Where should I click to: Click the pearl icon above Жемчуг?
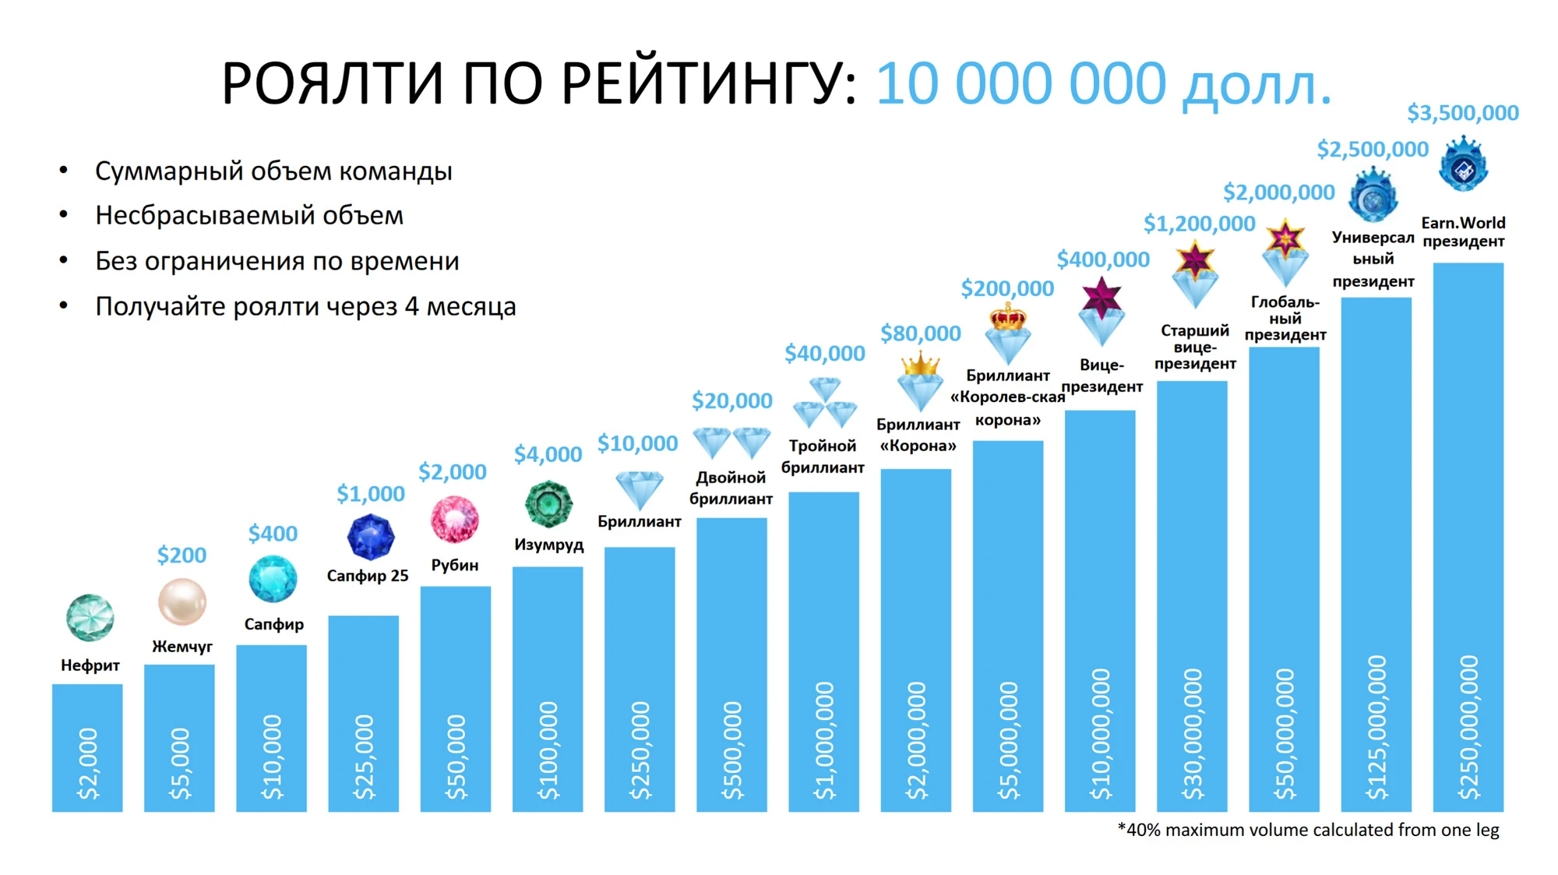(182, 602)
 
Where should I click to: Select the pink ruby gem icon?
(455, 520)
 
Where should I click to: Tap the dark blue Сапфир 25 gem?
(370, 537)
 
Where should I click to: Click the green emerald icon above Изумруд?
(548, 504)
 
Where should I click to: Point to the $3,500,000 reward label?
(1463, 114)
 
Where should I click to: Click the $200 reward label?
(182, 556)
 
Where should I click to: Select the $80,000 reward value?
(920, 333)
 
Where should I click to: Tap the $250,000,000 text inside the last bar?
(1468, 728)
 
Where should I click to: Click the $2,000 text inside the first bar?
(88, 764)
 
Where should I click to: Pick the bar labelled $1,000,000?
(823, 651)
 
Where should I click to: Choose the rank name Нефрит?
(90, 665)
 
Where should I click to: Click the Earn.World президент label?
(1463, 232)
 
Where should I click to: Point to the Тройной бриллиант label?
(823, 457)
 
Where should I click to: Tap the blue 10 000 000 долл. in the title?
(1104, 83)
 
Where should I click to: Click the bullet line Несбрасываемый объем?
(249, 215)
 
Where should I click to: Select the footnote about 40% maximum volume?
(1308, 830)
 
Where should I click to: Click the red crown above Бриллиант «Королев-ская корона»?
(1007, 317)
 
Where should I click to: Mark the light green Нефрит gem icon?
(90, 618)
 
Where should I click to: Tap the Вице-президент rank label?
(1102, 376)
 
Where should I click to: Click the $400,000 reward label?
(1103, 259)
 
